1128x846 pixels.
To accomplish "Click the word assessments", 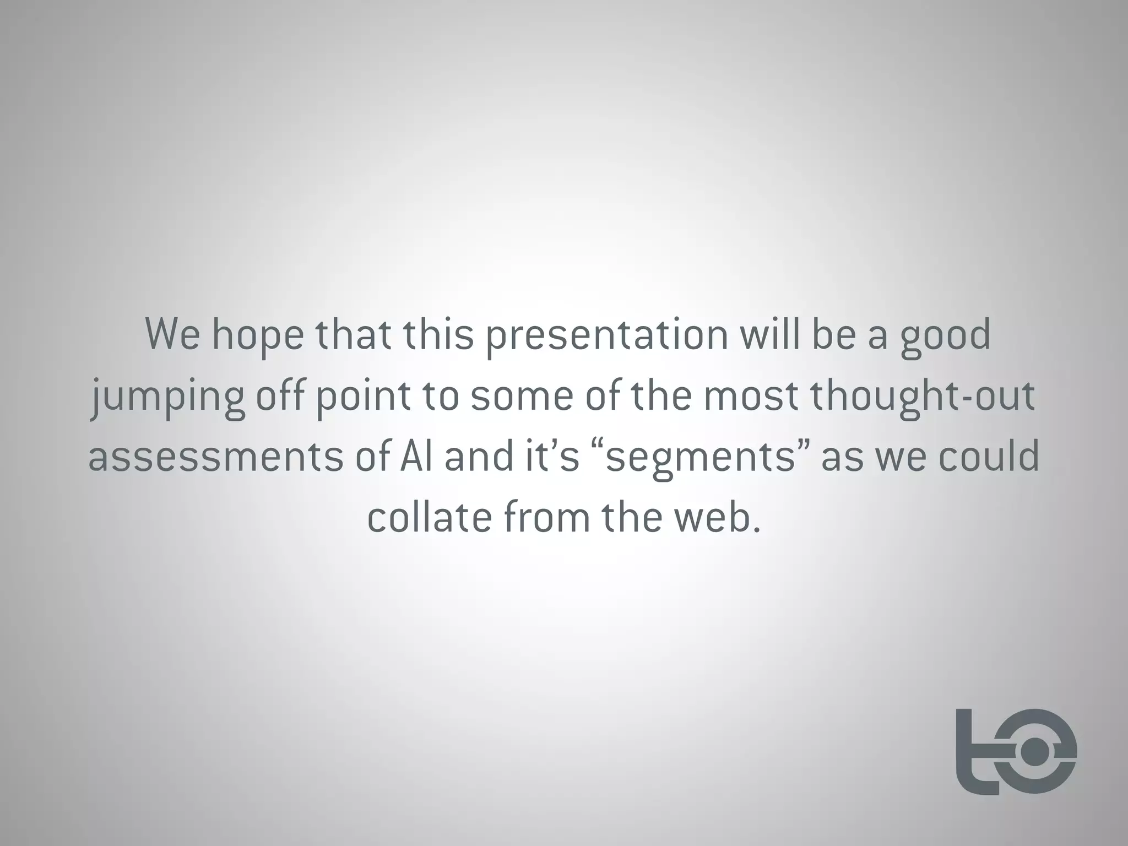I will pyautogui.click(x=215, y=458).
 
